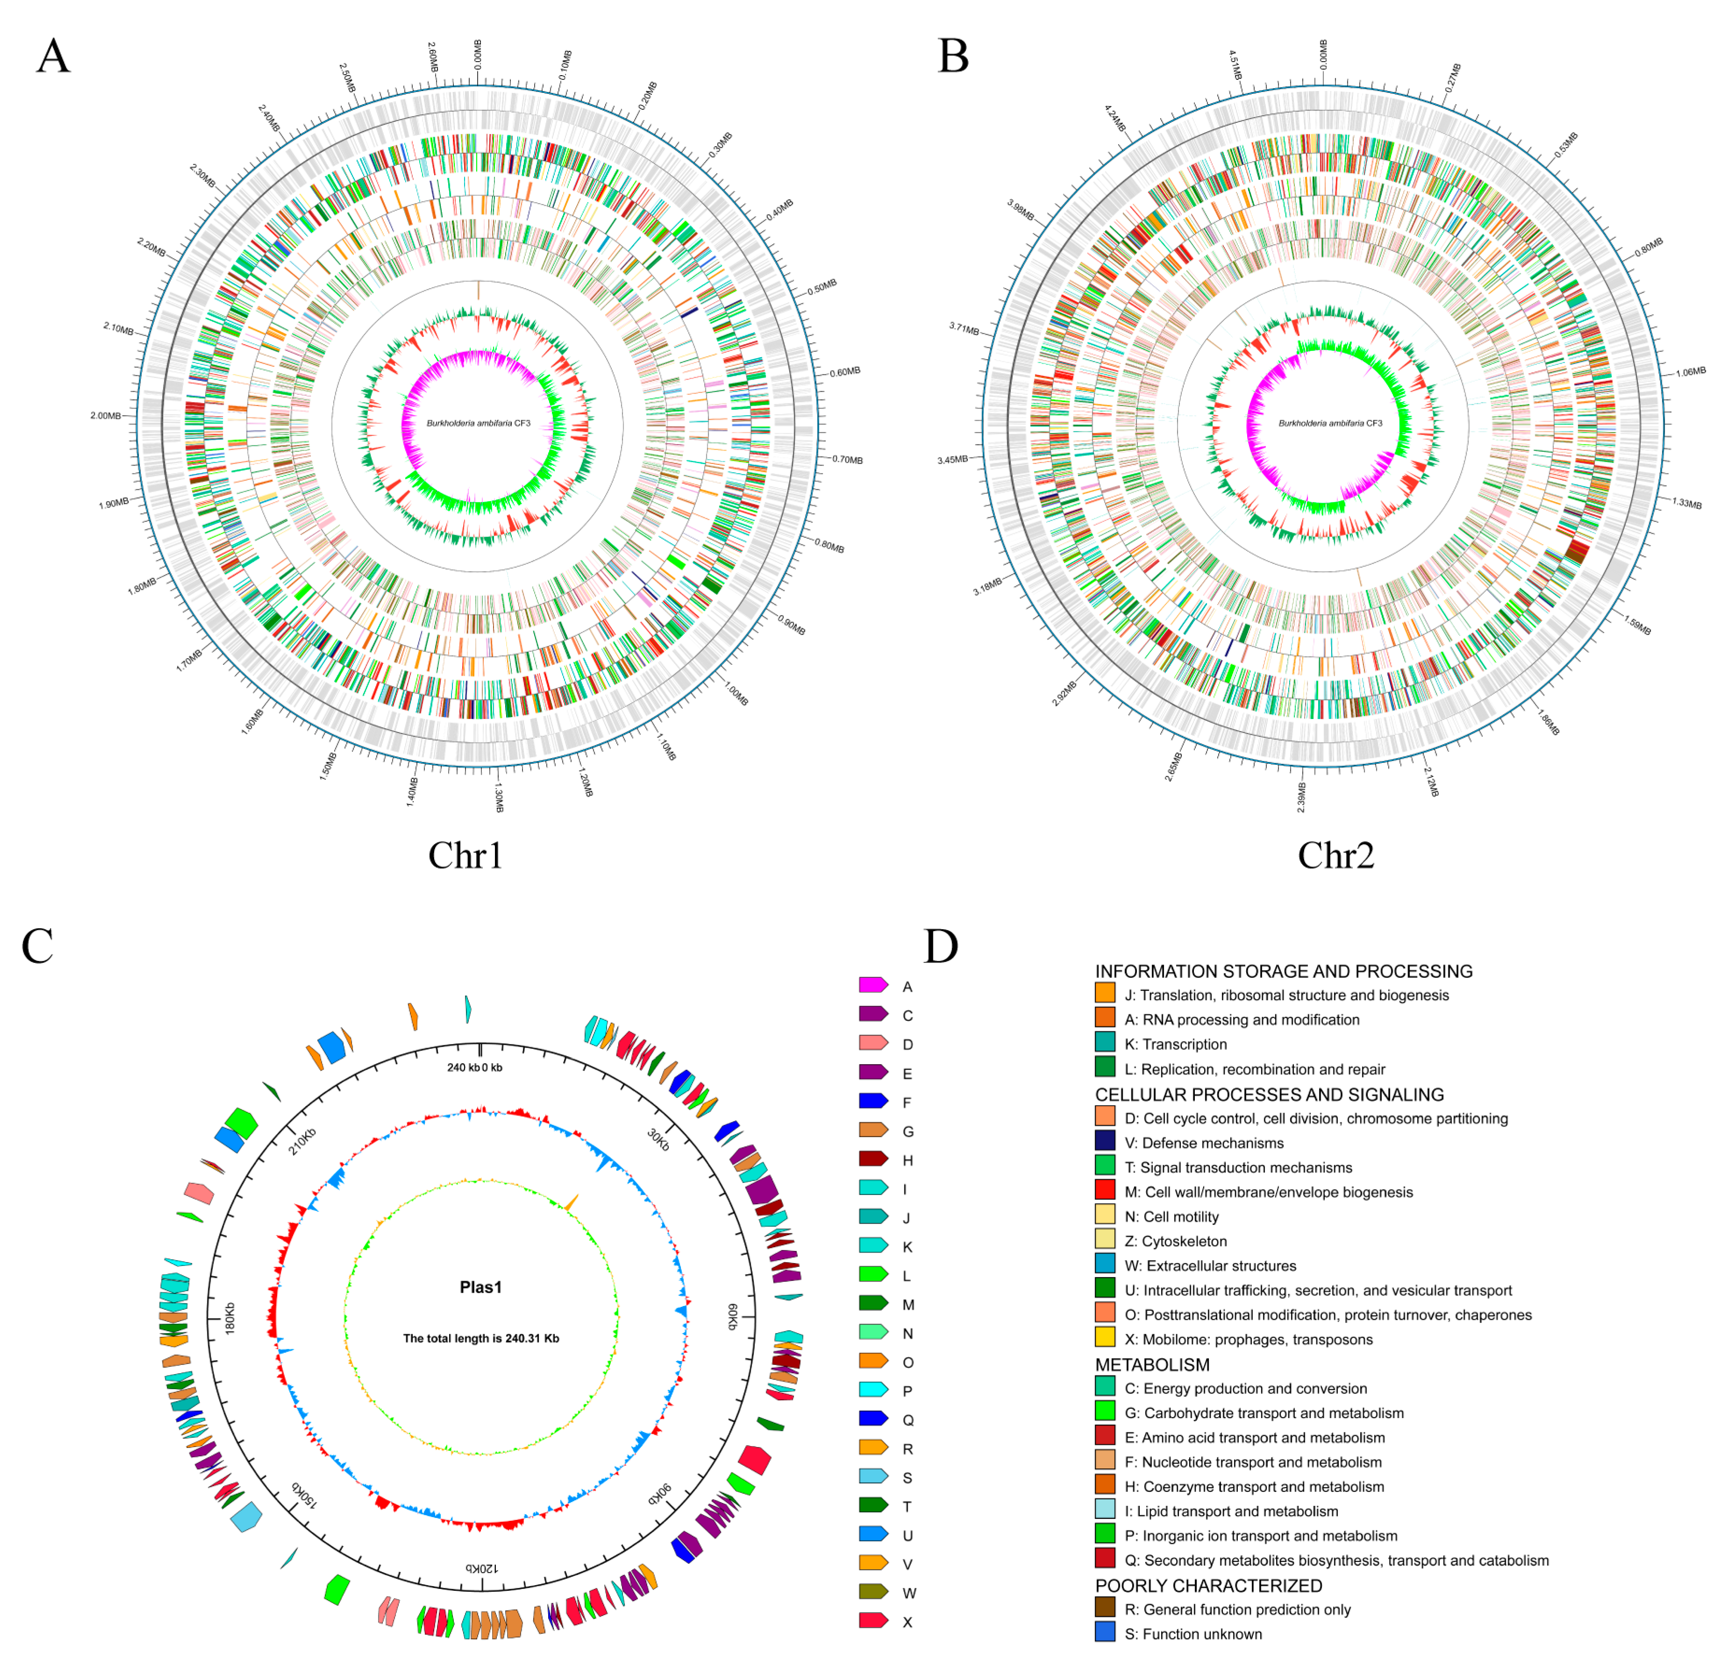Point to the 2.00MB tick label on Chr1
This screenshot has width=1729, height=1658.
[106, 416]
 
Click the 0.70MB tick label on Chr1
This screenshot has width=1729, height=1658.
[847, 459]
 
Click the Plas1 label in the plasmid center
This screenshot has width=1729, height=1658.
[481, 1288]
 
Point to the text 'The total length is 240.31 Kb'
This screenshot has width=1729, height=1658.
[481, 1338]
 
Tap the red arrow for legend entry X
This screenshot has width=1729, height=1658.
[873, 1620]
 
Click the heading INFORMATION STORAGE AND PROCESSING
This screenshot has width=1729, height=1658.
[1284, 971]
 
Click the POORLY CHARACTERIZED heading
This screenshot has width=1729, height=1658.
[1208, 1585]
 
